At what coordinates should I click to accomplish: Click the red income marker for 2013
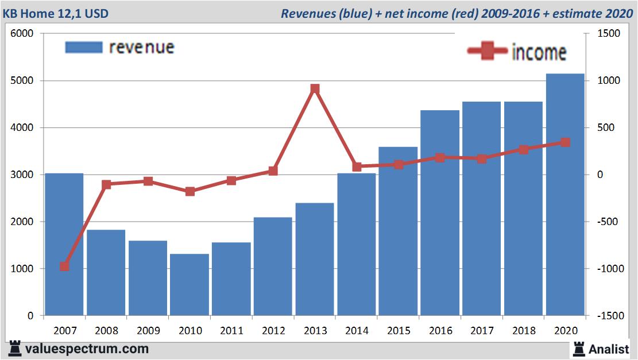(x=315, y=89)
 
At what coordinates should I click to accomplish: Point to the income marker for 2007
(x=64, y=266)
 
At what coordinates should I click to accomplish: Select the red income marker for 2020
(x=565, y=142)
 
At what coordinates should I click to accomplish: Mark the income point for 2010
(x=190, y=191)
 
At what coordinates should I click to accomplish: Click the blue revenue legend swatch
(x=84, y=47)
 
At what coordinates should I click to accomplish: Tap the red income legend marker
(x=487, y=52)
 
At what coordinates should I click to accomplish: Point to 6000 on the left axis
(x=22, y=34)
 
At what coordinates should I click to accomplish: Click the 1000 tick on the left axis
(x=22, y=269)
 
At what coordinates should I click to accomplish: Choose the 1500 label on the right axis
(x=609, y=34)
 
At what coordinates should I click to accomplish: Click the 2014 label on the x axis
(x=357, y=331)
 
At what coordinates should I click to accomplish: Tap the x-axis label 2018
(x=523, y=331)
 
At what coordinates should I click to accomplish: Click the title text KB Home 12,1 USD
(x=55, y=13)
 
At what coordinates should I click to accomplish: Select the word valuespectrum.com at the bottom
(x=86, y=349)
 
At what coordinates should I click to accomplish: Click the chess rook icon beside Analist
(x=578, y=348)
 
